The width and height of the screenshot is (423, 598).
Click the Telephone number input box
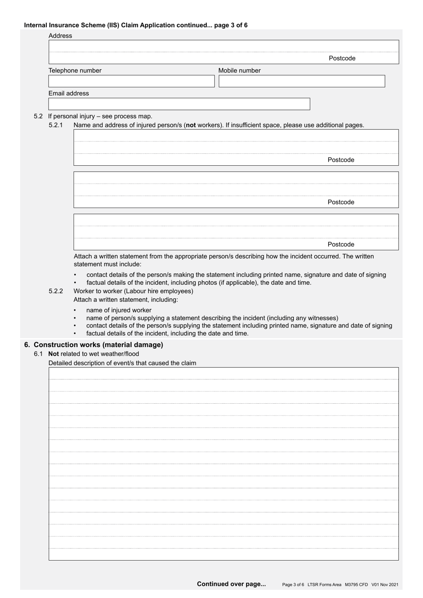(131, 81)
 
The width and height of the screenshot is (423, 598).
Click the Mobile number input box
(301, 81)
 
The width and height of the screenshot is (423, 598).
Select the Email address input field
(179, 104)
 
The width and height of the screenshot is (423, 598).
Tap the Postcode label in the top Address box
(342, 58)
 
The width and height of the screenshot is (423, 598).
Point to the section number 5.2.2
(56, 291)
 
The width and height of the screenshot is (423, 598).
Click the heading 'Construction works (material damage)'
(98, 345)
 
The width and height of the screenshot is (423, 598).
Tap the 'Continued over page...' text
(231, 584)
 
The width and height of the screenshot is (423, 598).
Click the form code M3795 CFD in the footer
(356, 585)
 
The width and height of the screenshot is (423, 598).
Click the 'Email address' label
(69, 94)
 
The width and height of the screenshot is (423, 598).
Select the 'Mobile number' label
(240, 71)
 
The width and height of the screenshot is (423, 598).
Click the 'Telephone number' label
(75, 71)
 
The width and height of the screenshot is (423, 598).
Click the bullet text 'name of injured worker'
(119, 310)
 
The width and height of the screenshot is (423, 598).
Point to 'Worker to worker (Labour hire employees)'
(133, 291)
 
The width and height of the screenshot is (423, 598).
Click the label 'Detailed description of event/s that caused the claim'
(122, 363)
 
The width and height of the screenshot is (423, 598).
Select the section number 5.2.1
(56, 125)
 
